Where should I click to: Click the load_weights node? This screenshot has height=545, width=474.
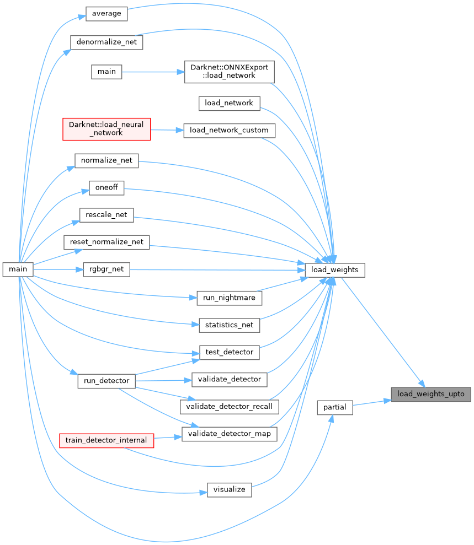point(335,270)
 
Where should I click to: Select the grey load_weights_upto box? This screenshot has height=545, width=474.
point(431,394)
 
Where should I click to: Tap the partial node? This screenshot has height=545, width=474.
point(335,407)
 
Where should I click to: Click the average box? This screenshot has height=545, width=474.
point(106,14)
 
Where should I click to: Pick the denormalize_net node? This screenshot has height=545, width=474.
point(107,42)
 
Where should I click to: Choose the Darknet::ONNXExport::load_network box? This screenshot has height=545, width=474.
point(230,71)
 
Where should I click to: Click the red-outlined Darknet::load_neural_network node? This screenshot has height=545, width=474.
point(106,128)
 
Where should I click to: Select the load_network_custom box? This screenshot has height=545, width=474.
point(229,131)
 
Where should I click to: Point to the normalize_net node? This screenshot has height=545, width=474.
point(106,161)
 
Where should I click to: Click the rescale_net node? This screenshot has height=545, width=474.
point(106,215)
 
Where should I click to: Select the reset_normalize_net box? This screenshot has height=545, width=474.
point(106,242)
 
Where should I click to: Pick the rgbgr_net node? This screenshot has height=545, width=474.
point(106,270)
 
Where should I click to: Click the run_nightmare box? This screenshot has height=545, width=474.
point(229,298)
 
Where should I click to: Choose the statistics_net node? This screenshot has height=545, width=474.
point(229,325)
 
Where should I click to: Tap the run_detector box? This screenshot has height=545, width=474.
point(106,380)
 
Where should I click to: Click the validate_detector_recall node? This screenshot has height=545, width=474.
point(229,407)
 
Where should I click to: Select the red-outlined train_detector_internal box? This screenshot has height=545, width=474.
point(106,440)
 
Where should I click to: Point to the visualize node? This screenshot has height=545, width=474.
point(229,489)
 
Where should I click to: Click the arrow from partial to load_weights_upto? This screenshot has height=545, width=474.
point(371,403)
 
